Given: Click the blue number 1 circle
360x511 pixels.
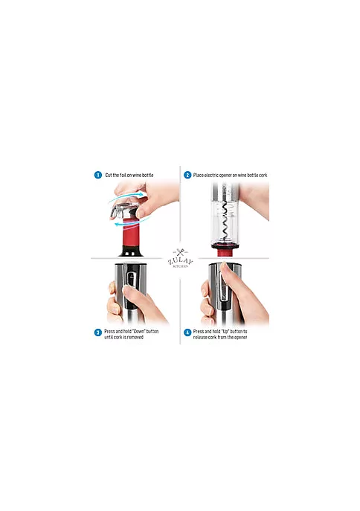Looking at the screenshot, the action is tap(98, 175).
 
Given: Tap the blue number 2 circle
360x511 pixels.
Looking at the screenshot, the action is tap(187, 175).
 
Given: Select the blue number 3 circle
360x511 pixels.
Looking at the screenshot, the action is tap(98, 332).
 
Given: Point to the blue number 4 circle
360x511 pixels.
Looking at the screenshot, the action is tap(187, 332).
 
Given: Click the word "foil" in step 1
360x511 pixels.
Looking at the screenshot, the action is tap(123, 175).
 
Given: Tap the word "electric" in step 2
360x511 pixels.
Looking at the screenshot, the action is tap(211, 175).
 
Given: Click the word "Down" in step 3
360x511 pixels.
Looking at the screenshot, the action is tap(139, 331).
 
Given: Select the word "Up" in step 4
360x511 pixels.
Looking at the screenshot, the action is tap(225, 331).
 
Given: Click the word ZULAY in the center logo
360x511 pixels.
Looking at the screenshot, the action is tap(180, 261).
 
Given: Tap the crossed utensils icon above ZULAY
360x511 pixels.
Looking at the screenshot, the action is tap(180, 252).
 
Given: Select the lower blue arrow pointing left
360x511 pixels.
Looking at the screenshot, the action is tap(130, 222).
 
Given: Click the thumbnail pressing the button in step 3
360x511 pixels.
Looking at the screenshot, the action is tap(126, 289).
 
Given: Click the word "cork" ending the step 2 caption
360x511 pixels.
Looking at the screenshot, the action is tap(263, 175).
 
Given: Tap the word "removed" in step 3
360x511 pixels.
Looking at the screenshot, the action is tap(135, 337).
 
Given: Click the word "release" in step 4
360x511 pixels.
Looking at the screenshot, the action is tap(200, 337).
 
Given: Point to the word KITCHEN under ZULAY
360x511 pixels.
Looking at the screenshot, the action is tap(180, 266).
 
